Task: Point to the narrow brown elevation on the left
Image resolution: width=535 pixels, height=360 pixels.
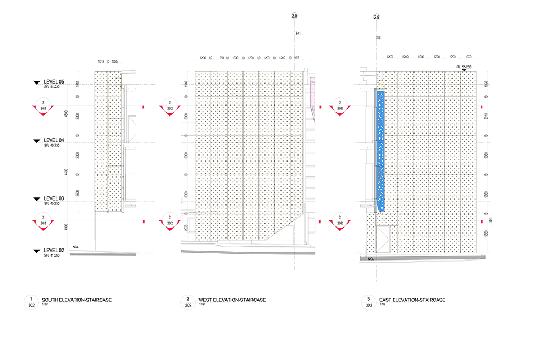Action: pyautogui.click(x=108, y=140)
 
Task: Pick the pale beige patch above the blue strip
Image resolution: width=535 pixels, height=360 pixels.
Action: pyautogui.click(x=379, y=82)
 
